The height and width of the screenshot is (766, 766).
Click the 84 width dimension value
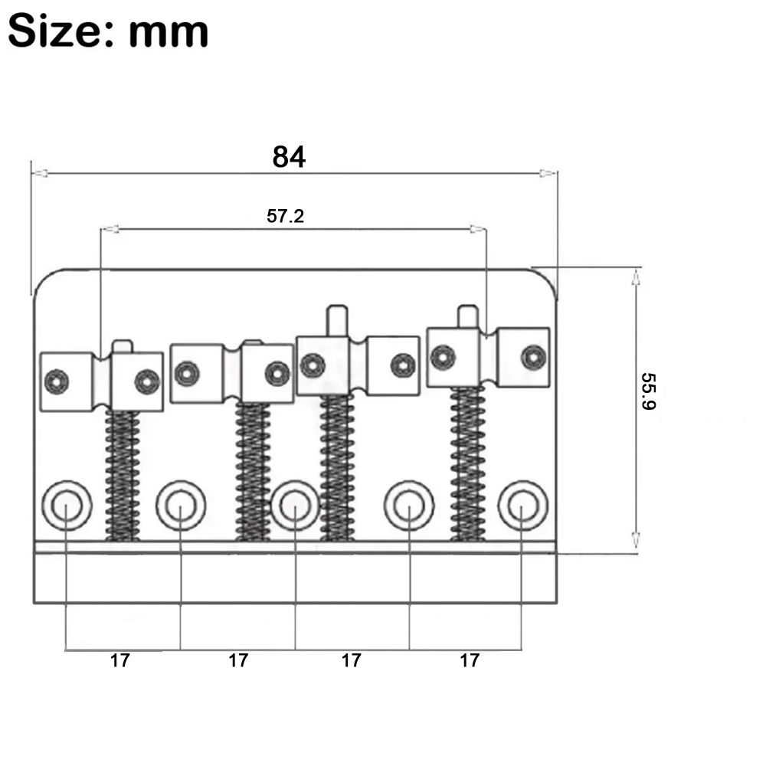[x=289, y=157]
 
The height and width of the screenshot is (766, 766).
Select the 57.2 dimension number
[x=285, y=216]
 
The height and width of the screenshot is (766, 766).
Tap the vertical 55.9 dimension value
[x=648, y=391]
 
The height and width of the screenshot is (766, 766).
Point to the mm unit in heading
[x=169, y=33]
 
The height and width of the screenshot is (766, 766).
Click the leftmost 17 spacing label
[x=119, y=660]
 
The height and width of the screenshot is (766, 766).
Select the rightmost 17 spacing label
[x=470, y=660]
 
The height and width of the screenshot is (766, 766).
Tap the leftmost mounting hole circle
[x=67, y=505]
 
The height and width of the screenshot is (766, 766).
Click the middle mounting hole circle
[x=295, y=505]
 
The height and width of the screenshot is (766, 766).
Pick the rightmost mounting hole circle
[x=522, y=505]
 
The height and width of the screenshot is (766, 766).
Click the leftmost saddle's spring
[x=122, y=476]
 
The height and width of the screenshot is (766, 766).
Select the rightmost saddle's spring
[x=468, y=463]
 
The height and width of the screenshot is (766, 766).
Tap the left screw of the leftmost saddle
[x=57, y=381]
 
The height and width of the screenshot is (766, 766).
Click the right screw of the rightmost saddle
[x=533, y=357]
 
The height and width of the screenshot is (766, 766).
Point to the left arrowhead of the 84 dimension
[x=40, y=173]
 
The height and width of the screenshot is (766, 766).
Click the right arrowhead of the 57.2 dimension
[x=478, y=228]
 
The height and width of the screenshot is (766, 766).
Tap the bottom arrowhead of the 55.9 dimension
[x=636, y=540]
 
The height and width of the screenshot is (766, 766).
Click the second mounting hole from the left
[x=181, y=505]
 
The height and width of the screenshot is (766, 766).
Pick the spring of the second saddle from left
[x=253, y=472]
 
